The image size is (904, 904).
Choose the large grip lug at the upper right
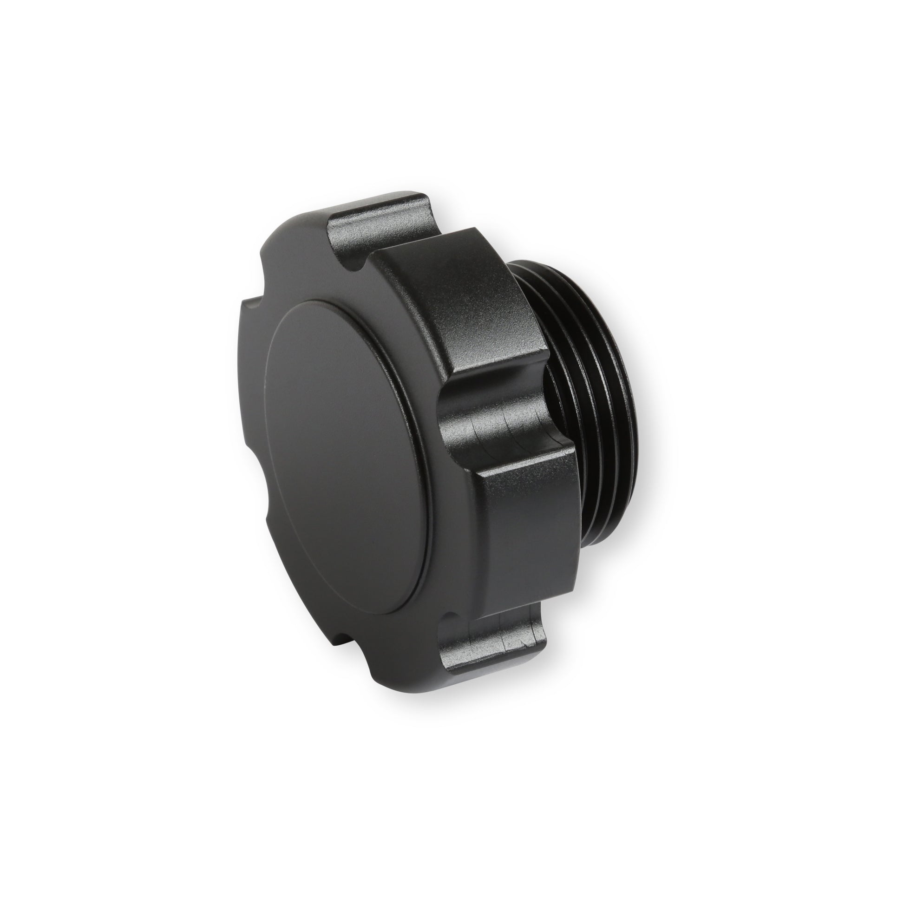pos(449,300)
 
